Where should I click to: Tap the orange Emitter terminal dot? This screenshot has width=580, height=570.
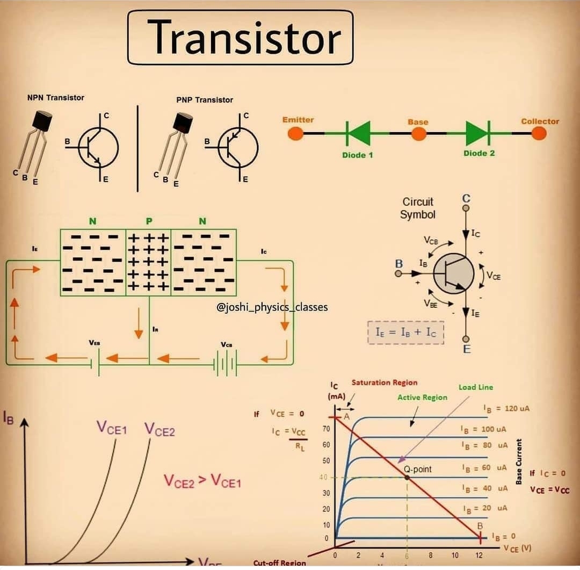coord(296,133)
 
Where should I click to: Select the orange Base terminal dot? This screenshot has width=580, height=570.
coord(418,133)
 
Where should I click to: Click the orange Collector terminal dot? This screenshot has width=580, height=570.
coord(539,133)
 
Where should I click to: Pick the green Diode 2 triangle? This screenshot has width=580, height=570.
coord(477,133)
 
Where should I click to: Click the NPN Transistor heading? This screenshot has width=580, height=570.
coord(56,98)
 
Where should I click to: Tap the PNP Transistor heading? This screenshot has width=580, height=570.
coord(205,100)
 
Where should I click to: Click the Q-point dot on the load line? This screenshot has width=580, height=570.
coord(407,477)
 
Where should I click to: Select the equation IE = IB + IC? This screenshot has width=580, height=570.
coord(405,333)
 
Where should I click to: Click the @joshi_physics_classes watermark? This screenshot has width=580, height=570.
coord(272,307)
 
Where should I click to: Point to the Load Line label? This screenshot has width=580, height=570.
coord(475,387)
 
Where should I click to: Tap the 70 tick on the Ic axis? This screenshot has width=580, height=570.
coord(326,429)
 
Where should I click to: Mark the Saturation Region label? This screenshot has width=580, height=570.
coord(384,383)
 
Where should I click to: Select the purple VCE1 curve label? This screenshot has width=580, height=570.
coord(112,428)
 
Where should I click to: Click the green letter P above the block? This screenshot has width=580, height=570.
coord(149,221)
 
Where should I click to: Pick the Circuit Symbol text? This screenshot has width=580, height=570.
coord(418,208)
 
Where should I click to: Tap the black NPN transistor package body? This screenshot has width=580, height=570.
coord(42,120)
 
